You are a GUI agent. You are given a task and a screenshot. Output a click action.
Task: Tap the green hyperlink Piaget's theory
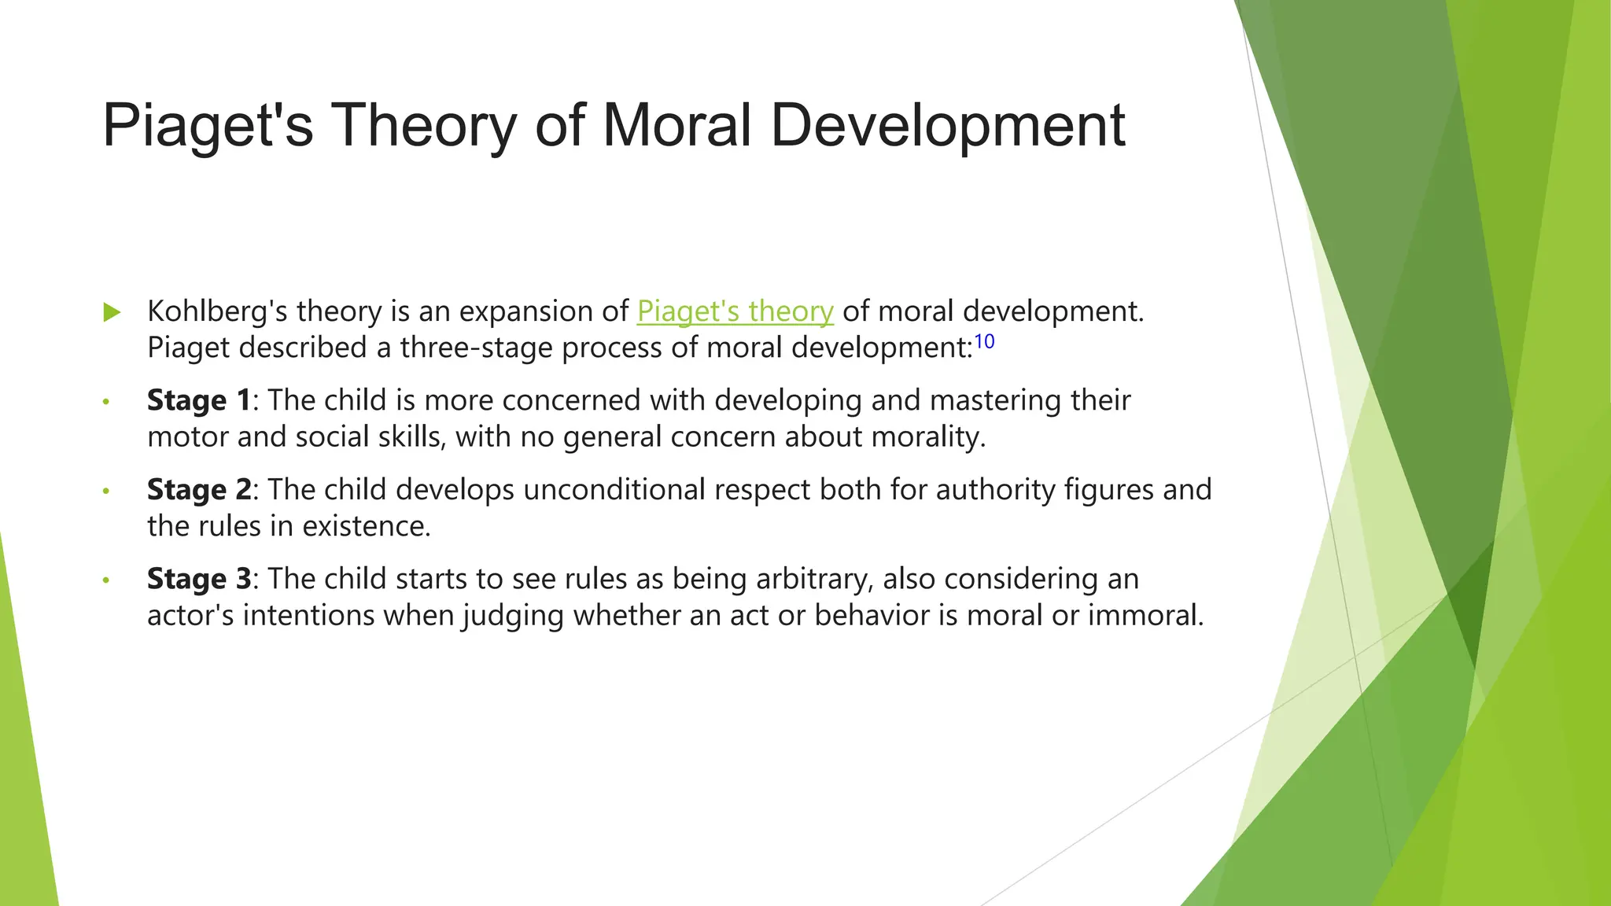click(x=735, y=311)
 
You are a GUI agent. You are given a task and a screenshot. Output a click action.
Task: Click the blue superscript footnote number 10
click(x=984, y=341)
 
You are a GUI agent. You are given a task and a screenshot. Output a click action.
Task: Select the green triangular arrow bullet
click(x=112, y=312)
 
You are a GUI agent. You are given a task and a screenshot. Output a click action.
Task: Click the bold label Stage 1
click(x=198, y=400)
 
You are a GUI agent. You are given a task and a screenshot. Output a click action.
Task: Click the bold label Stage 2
click(x=198, y=489)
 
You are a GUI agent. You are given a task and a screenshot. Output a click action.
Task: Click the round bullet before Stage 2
click(x=106, y=492)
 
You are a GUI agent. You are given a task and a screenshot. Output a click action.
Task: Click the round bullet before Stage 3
click(x=106, y=581)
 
